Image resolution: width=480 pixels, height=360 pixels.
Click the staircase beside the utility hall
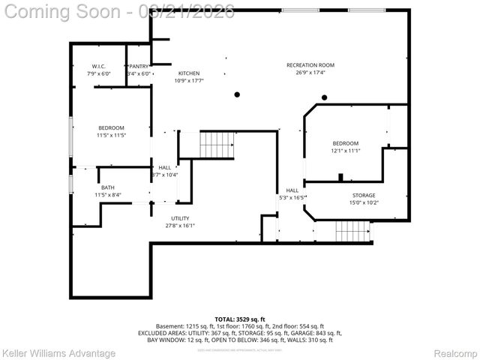pos(217,143)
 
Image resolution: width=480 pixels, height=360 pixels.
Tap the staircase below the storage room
pos(352,230)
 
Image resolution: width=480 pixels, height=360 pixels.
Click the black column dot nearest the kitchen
pos(237,94)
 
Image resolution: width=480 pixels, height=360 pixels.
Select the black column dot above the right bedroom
pos(325,97)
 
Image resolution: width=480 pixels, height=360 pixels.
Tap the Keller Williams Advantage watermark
pos(58,352)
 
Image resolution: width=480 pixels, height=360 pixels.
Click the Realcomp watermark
pos(456,352)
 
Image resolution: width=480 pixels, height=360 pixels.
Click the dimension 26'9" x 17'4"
pos(310,73)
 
